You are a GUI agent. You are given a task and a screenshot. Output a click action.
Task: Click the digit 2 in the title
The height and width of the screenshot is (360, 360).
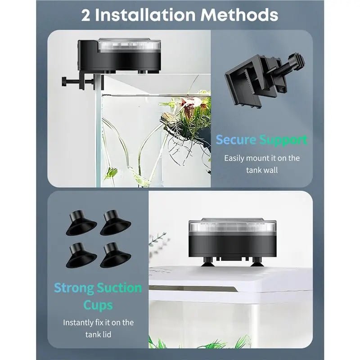click(85, 16)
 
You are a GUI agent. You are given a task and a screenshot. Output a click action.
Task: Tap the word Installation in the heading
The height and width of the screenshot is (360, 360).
click(145, 15)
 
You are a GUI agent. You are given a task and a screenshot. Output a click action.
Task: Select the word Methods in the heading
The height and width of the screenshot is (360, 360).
click(239, 15)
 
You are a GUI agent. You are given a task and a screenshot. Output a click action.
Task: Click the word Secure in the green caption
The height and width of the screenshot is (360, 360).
click(236, 139)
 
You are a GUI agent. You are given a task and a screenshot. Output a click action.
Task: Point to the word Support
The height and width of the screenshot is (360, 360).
click(283, 140)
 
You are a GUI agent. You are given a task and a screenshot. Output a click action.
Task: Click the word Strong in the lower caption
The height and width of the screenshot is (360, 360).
click(74, 288)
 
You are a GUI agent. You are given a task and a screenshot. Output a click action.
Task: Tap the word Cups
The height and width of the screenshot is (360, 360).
click(98, 306)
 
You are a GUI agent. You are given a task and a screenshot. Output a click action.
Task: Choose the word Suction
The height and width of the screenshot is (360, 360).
click(119, 288)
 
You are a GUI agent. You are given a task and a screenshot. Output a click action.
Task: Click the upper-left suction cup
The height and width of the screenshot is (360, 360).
click(81, 223)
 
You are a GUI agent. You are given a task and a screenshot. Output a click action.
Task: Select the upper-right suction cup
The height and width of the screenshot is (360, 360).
click(116, 223)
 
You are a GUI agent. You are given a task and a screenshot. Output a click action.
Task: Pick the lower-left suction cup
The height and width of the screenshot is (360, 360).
click(81, 255)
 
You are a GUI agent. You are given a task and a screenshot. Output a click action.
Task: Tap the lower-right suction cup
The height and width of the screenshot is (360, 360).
click(116, 256)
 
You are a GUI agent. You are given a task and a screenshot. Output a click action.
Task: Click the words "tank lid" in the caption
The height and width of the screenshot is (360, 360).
click(98, 334)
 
